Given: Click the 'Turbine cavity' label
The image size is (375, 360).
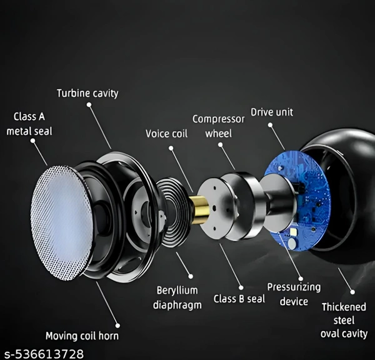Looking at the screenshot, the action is pos(87,93).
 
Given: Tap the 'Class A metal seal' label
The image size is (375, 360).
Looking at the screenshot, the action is pos(29,124).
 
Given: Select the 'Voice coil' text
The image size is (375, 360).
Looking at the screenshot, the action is pos(166,134).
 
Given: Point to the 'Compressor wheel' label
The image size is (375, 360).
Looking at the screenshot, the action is pos(219,126).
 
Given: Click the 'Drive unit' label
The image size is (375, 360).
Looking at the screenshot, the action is pos(272,112).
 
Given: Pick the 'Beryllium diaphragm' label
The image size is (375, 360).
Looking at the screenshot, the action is pos(177,298).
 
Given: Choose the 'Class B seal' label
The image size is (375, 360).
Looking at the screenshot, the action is pos(239,299).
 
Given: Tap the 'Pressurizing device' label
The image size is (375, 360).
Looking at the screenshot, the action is pos(294,294).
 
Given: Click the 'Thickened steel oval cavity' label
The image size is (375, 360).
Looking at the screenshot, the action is pos(344,321).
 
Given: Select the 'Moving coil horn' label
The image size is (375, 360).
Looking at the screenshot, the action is pos(82,336).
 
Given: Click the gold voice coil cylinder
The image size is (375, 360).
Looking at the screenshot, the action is pos(200,210).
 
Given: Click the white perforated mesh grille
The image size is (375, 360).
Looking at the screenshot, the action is pos(61,222).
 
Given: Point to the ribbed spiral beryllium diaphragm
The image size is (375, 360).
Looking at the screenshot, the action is pos(174,212).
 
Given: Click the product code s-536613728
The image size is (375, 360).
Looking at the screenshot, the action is pos(44,354).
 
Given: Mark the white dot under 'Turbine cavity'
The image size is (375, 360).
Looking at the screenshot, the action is pos(89,104).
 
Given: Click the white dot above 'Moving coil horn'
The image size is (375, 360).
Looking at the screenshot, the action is pos(117,326).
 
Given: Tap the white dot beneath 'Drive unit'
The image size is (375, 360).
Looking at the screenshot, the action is pos(270,125).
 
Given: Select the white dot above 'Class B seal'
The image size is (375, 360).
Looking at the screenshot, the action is pos(241,287).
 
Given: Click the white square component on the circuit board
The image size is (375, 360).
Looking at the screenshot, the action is pos(293,231).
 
